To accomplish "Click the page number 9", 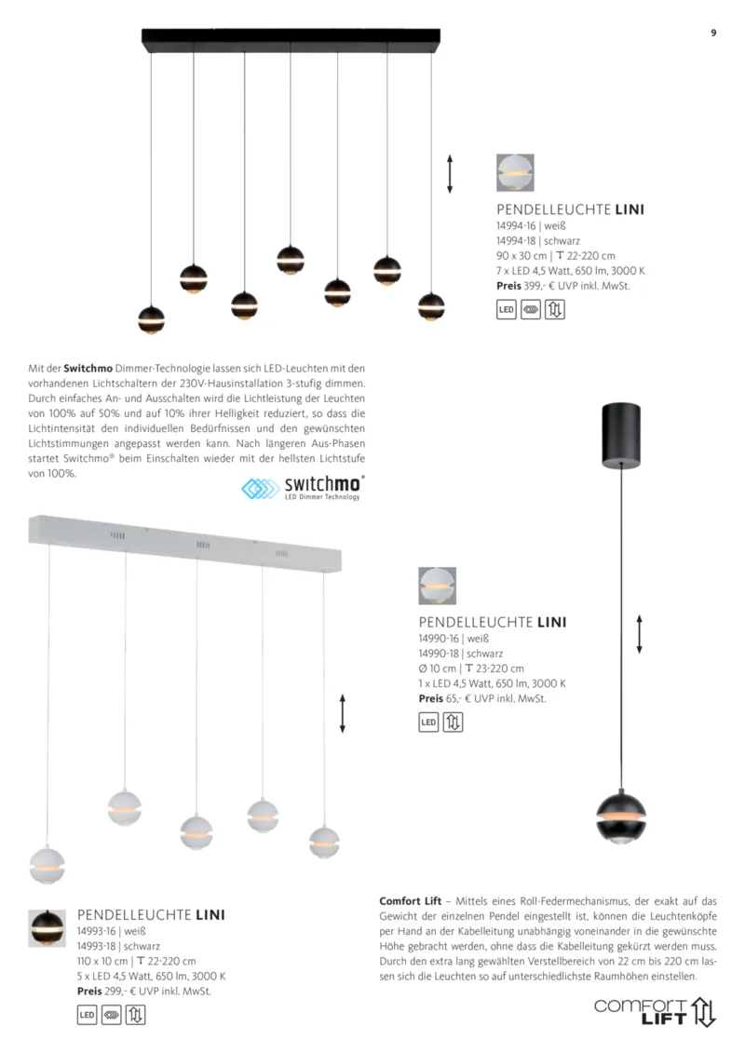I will click(x=713, y=33).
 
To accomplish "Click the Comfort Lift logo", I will click(x=656, y=1011).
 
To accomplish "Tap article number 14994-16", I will click(x=515, y=225).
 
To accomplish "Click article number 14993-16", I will click(x=96, y=931).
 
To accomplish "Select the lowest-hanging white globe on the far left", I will click(x=47, y=865).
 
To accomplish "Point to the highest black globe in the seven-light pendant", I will click(x=291, y=259).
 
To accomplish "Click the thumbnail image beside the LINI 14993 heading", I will click(x=47, y=927).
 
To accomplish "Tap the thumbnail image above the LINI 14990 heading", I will click(x=437, y=586).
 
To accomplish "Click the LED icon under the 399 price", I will click(x=507, y=310).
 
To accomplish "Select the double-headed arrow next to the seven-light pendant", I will click(x=450, y=174).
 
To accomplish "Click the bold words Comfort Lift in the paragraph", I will click(x=411, y=901).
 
